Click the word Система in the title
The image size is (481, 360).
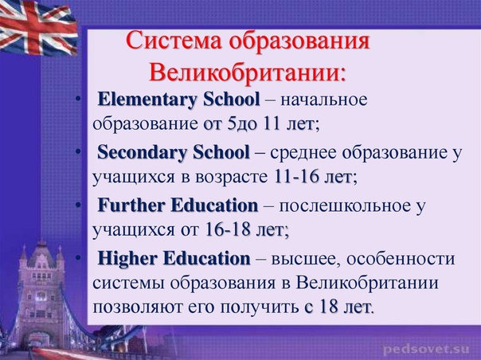pos(174,41)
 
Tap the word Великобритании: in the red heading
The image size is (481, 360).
pos(247,72)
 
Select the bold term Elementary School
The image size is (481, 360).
pos(178,100)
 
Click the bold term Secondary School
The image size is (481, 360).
pos(174,153)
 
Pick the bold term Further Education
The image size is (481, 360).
pos(178,205)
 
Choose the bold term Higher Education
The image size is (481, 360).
pos(174,258)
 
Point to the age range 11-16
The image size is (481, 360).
pos(296,177)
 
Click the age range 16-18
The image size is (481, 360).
pos(227,229)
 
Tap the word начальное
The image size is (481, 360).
pos(323,100)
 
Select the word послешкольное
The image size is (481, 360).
pos(345,205)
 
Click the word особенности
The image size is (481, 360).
pos(401,259)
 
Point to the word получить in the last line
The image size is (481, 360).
pos(259,307)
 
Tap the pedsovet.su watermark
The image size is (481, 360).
pos(426,350)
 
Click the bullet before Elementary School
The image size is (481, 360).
pos(79,99)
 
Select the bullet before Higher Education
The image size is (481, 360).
pos(79,257)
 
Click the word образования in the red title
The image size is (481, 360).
pos(299,41)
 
